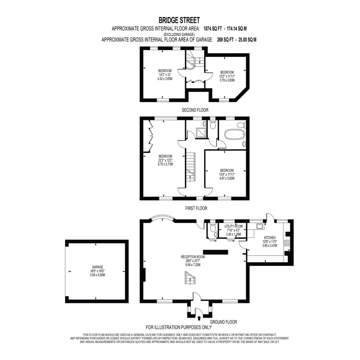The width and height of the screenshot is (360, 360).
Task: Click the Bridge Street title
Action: pyautogui.click(x=179, y=20)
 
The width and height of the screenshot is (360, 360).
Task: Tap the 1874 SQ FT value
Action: pyautogui.click(x=213, y=29)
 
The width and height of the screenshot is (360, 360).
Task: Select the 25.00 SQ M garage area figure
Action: pyautogui.click(x=247, y=40)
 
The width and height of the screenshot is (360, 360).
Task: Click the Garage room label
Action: pyautogui.click(x=97, y=267)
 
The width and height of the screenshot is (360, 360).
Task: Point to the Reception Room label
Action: pyautogui.click(x=193, y=257)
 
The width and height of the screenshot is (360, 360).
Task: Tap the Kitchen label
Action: pyautogui.click(x=270, y=238)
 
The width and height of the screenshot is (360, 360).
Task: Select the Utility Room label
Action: pyautogui.click(x=233, y=226)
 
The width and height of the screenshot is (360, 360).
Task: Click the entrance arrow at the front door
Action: pyautogui.click(x=199, y=318)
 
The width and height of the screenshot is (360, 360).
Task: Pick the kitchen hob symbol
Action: pyautogui.click(x=287, y=243)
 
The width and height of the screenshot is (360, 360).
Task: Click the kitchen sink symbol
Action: pyautogui.click(x=260, y=226)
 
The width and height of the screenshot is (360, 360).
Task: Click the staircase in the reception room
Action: pyautogui.click(x=190, y=278)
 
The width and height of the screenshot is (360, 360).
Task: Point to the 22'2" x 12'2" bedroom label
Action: pyautogui.click(x=165, y=160)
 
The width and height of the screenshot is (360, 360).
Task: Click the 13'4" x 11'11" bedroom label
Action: pyautogui.click(x=227, y=174)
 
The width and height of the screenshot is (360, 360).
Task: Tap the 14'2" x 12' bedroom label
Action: pyautogui.click(x=165, y=75)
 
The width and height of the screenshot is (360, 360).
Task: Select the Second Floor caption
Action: pyautogui.click(x=195, y=110)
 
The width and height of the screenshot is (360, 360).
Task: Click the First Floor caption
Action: pyautogui.click(x=196, y=208)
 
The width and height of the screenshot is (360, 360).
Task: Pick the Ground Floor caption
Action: pyautogui.click(x=223, y=322)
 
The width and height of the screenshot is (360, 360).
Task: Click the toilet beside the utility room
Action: pyautogui.click(x=212, y=228)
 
